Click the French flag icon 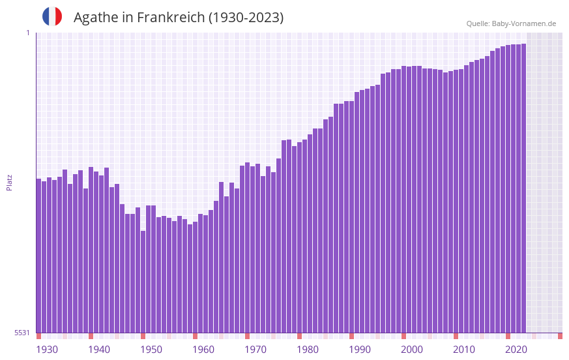(x=52, y=17)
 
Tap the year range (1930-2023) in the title (x=246, y=18)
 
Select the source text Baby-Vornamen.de (x=523, y=23)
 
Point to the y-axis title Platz (x=9, y=182)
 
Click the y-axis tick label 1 (x=27, y=33)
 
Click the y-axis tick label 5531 (x=22, y=333)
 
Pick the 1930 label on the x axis (x=47, y=350)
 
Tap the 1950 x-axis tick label (x=151, y=350)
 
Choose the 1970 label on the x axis (x=255, y=350)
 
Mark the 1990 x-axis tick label (x=360, y=350)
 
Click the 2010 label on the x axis (x=464, y=350)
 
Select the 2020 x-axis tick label (x=516, y=350)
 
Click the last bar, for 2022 (x=523, y=188)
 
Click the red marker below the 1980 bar (x=299, y=336)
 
